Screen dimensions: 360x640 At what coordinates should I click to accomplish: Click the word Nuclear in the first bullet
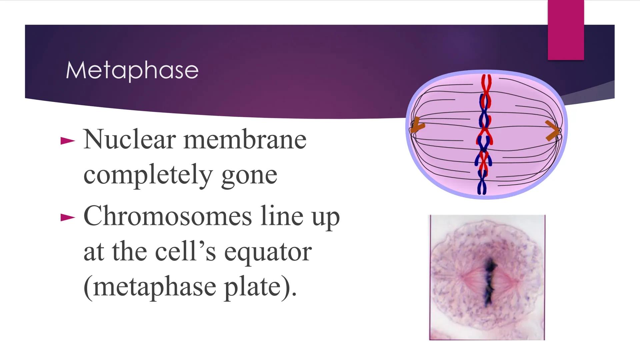point(129,139)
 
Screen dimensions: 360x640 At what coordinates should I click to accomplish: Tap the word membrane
point(245,139)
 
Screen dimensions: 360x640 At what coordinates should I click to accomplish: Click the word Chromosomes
point(167,216)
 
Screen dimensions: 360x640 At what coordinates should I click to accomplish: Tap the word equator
point(268,252)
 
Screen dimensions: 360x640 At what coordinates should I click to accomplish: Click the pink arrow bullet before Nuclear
point(68,141)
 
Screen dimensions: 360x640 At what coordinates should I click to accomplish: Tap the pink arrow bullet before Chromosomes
point(68,218)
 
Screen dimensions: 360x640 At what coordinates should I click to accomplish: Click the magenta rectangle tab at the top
point(566,30)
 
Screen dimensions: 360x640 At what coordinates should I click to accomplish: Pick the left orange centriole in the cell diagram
point(417,127)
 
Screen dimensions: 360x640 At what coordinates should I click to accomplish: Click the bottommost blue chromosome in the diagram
point(482,185)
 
